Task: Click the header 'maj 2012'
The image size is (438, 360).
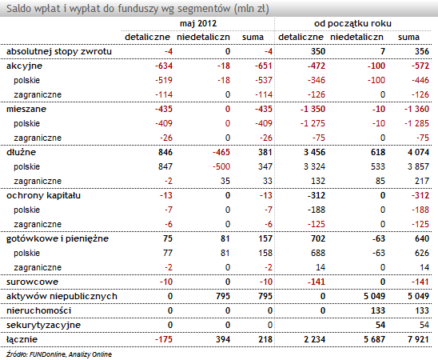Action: tap(198, 23)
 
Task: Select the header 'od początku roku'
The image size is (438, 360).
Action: tap(352, 23)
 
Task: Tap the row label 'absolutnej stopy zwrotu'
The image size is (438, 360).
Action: tap(59, 51)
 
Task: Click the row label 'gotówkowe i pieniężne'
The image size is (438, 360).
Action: tap(58, 238)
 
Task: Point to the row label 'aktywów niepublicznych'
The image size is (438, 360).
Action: tap(62, 296)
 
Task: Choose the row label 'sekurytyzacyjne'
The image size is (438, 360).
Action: tap(43, 325)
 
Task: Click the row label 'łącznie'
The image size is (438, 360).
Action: tap(22, 339)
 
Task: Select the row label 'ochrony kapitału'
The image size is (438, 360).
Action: tap(43, 195)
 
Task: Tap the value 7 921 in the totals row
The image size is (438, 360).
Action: tap(418, 339)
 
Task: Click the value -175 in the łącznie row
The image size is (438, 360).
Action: tap(164, 339)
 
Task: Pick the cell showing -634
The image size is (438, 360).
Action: tap(164, 66)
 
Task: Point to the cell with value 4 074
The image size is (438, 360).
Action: tap(418, 152)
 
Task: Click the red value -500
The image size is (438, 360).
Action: tap(221, 166)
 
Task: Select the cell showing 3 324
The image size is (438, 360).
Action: tap(315, 166)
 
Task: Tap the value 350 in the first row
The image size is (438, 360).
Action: tap(318, 51)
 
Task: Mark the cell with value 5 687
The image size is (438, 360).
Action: tap(374, 339)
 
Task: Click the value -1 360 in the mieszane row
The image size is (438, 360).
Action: tap(416, 109)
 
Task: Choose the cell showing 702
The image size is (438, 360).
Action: tap(318, 238)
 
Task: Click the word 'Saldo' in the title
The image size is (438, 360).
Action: tap(18, 9)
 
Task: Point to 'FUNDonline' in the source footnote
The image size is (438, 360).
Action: tap(47, 354)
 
